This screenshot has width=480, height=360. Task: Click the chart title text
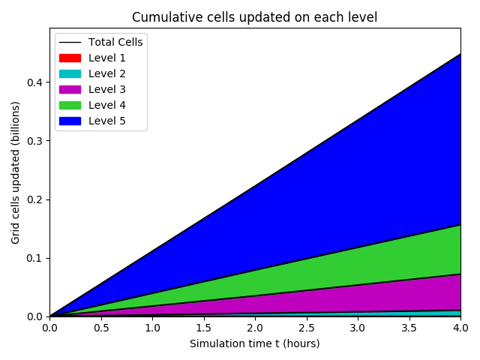click(x=254, y=17)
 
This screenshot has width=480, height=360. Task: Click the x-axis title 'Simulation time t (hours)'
click(x=254, y=343)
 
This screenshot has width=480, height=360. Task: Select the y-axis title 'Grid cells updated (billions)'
click(x=16, y=172)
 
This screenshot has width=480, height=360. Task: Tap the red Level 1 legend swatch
click(x=70, y=58)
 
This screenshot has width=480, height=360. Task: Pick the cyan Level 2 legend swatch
click(x=70, y=73)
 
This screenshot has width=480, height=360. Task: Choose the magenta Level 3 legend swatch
click(x=70, y=89)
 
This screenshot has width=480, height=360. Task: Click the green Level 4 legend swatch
click(x=70, y=105)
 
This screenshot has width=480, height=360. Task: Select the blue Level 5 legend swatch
click(x=70, y=121)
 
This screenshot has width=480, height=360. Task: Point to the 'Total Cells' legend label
click(x=115, y=42)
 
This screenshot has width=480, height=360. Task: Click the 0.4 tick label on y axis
click(x=34, y=82)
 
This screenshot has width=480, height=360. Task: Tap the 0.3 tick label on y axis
click(x=34, y=140)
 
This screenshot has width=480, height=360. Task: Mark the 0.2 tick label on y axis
click(x=34, y=199)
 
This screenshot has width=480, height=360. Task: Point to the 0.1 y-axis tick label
click(x=34, y=258)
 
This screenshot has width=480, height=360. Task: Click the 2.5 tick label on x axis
click(x=306, y=328)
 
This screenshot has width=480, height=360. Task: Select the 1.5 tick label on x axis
click(x=203, y=328)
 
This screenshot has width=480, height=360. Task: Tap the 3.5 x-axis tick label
click(x=409, y=328)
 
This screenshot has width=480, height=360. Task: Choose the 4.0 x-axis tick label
click(x=460, y=328)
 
